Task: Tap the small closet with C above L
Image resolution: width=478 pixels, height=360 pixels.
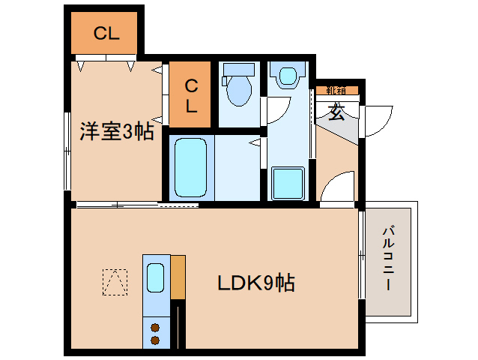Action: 191,95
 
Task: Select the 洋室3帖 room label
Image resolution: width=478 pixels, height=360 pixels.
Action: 117,132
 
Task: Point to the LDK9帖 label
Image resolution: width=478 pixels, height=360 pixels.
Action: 255,283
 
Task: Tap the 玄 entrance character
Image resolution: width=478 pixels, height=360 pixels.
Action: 336,114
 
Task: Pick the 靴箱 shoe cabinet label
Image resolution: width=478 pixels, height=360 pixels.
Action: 336,91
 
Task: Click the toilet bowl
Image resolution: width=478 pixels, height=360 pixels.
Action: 239,91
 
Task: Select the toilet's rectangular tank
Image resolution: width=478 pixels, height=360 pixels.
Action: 239,70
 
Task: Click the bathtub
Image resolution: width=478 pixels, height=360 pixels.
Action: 190,167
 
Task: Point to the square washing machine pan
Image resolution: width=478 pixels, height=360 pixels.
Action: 287,183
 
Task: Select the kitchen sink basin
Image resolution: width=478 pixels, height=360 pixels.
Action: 156,278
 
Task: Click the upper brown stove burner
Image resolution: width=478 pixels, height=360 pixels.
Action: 156,326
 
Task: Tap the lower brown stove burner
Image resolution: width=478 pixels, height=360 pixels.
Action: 156,340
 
